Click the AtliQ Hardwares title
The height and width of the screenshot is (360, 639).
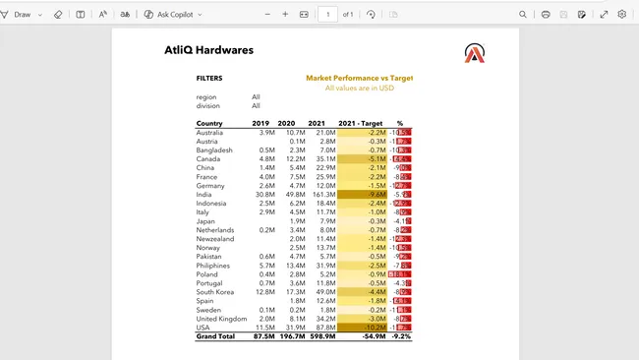209,50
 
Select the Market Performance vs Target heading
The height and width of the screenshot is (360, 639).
359,77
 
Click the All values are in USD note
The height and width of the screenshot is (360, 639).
359,88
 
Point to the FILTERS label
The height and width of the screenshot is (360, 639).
209,78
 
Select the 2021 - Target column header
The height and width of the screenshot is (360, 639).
360,123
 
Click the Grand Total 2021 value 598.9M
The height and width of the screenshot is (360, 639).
321,336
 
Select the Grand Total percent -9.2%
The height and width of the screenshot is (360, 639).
400,336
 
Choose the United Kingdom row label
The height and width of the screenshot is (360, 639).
221,319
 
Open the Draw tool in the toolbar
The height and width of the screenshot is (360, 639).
22,15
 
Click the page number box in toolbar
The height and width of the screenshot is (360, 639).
327,15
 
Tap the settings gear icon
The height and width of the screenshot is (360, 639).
622,15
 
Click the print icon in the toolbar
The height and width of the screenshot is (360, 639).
546,15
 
